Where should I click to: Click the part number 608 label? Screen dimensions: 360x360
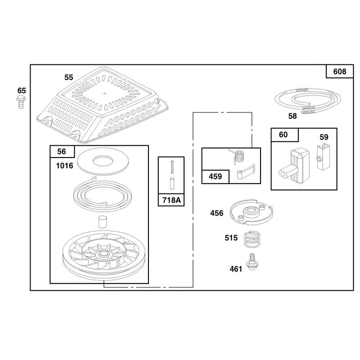(340, 72)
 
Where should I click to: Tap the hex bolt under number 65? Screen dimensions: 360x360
(21, 103)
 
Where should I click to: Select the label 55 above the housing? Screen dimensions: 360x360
(69, 77)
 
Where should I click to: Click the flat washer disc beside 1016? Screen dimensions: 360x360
(103, 161)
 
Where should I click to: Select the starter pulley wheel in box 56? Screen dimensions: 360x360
(104, 255)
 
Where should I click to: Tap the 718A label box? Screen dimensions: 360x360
(171, 200)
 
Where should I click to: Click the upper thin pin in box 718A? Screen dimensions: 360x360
(172, 167)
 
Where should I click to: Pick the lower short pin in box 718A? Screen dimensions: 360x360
(172, 184)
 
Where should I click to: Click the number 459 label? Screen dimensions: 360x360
(216, 176)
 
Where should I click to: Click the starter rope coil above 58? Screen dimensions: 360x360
(308, 100)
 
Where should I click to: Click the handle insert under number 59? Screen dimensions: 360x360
(323, 156)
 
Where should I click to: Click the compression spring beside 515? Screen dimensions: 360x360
(252, 239)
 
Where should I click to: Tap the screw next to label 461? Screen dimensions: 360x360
(252, 262)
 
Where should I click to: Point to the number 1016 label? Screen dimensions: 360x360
(64, 166)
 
